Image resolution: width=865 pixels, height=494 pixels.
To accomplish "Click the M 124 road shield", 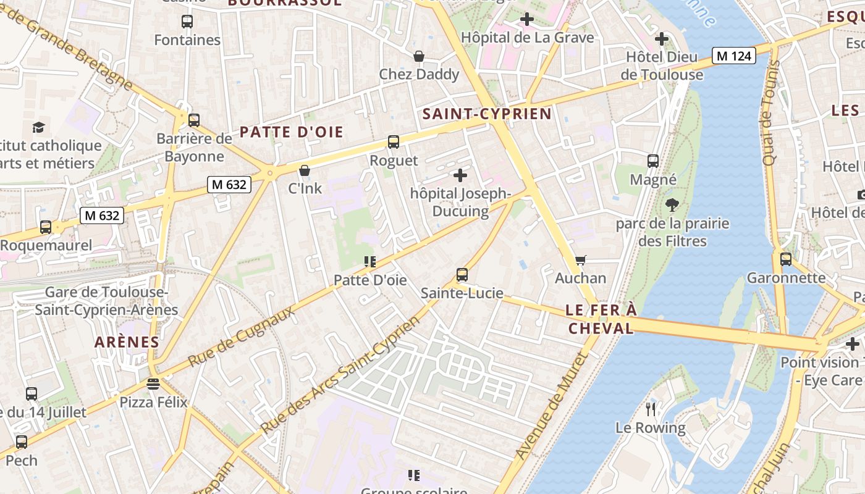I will coord(734,56).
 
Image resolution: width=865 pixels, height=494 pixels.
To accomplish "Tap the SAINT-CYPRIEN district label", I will coord(487,114).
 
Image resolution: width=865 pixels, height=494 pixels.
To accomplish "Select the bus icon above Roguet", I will coord(394,142).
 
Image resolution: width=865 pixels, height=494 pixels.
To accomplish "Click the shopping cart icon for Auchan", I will coord(580,260).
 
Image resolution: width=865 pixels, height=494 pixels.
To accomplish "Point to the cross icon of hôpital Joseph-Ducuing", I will coord(460,175).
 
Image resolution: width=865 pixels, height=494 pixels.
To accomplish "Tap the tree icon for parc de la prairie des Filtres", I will coord(672,205).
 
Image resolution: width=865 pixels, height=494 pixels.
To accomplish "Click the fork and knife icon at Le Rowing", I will coord(650,409).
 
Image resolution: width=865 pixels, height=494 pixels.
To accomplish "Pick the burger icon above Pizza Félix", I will coord(153,384).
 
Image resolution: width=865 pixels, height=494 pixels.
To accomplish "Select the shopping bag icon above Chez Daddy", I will coord(419,56).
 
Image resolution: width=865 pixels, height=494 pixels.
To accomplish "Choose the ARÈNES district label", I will coord(127,341).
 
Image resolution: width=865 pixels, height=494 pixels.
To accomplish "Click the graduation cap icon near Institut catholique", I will coord(39,127).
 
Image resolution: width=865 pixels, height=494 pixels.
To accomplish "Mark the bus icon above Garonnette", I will coord(785,259).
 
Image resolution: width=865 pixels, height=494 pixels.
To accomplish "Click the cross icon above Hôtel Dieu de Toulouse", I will coord(662,39).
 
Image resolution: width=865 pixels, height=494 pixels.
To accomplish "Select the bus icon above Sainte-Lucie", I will coord(462,275).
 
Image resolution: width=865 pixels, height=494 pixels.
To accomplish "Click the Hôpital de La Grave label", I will coord(528,38).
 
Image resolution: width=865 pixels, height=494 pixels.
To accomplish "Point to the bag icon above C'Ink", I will coord(305,170).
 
